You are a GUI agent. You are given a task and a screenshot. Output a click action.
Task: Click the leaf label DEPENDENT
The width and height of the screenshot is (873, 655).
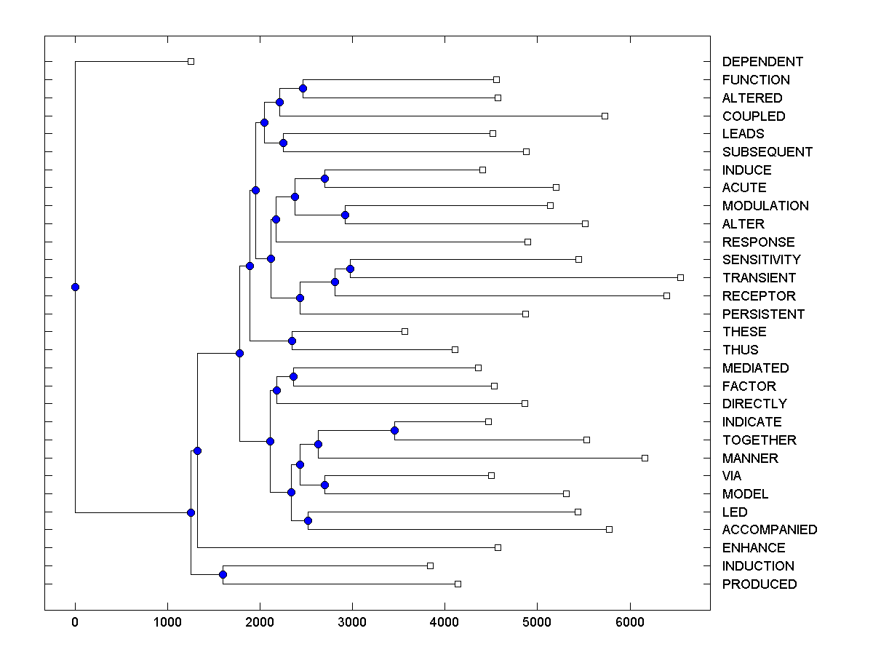[x=762, y=62]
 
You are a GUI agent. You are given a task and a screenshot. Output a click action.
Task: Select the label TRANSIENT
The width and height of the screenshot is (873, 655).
[x=759, y=278]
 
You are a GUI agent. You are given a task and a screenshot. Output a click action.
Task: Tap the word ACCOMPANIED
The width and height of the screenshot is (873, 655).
[x=770, y=530]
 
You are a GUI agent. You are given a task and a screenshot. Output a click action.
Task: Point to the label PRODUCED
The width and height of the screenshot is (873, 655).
[x=760, y=584]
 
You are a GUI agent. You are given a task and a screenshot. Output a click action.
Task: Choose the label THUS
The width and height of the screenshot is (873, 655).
[x=740, y=350]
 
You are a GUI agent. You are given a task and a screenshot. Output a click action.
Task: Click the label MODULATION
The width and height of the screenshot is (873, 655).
[x=765, y=206]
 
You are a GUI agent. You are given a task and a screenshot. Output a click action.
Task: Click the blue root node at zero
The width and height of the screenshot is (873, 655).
[x=75, y=287]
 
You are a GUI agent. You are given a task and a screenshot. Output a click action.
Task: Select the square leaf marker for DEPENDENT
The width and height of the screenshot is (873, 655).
[x=191, y=62]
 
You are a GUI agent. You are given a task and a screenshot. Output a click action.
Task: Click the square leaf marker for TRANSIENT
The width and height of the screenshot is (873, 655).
[x=680, y=277]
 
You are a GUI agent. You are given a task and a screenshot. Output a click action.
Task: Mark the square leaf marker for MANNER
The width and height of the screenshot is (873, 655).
[x=645, y=458]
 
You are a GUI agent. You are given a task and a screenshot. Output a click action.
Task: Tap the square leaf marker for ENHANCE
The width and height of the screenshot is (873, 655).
[x=498, y=547]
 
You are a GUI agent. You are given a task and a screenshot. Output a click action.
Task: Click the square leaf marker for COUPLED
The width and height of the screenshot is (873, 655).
[x=605, y=116]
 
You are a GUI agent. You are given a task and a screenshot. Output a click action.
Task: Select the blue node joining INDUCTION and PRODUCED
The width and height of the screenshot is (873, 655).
[x=223, y=575]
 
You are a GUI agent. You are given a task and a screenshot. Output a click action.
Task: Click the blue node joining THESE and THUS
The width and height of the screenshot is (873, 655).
[x=292, y=341]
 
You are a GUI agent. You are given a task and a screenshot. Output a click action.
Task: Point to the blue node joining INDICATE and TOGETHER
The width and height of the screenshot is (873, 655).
[x=394, y=430]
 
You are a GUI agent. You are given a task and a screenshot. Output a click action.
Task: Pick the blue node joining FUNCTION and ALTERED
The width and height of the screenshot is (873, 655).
[x=303, y=88]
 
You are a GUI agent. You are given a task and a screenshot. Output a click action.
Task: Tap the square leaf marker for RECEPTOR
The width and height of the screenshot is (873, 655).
[x=666, y=295]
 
